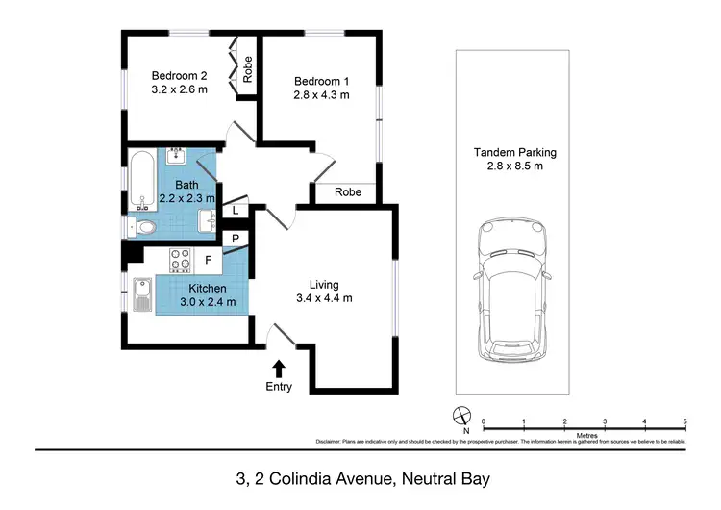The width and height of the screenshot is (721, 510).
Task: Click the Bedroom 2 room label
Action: click(180, 76)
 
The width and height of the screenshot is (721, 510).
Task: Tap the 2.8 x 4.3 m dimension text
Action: click(321, 95)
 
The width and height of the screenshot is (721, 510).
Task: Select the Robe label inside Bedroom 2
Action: click(247, 68)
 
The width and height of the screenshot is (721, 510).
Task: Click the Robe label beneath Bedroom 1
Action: click(348, 192)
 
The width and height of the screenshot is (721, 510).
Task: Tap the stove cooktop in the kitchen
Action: click(181, 259)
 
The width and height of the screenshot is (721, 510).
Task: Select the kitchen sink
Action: click(143, 293)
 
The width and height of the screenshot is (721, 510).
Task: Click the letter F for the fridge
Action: click(209, 259)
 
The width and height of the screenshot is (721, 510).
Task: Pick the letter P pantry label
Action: click(234, 239)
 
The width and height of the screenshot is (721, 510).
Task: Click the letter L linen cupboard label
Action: click(236, 211)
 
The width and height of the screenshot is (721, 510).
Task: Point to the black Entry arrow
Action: click(280, 368)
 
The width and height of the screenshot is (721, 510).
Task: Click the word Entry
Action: click(280, 387)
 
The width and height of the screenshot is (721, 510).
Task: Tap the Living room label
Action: click(324, 284)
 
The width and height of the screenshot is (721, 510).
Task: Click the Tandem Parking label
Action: click(514, 152)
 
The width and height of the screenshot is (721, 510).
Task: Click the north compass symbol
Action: click(460, 418)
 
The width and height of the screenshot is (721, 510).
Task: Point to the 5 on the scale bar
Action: click(684, 421)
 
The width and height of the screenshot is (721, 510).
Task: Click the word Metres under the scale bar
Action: click(587, 435)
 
